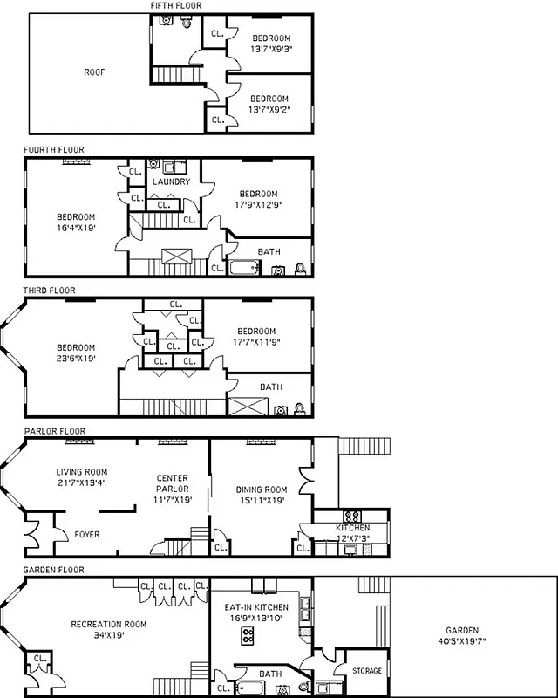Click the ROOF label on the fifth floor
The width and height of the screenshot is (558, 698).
coord(94,72)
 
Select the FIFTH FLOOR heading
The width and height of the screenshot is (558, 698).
coord(175,6)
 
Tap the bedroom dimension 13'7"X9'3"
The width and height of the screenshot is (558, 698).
coord(271,50)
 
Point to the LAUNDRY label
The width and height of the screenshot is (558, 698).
coord(170,181)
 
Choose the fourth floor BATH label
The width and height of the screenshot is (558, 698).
coord(269,251)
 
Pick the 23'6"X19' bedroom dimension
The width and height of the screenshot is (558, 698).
coord(76,357)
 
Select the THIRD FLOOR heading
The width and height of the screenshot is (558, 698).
coord(50,291)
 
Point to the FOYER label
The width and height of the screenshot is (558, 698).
coord(86,534)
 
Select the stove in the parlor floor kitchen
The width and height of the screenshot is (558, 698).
coord(354,516)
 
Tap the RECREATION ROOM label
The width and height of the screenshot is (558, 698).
coord(109,625)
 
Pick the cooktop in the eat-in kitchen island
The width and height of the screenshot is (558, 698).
coord(248,635)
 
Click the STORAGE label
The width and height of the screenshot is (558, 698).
coord(366,670)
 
